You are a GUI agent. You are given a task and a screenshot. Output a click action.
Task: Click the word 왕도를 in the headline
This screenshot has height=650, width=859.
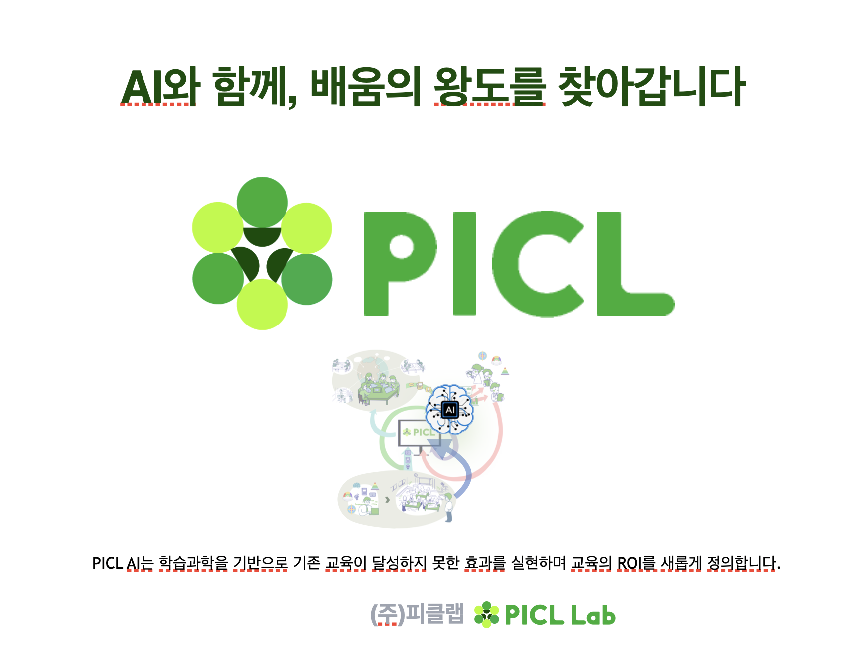coord(490,87)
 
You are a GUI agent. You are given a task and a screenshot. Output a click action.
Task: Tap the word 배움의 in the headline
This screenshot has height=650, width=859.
coord(366,87)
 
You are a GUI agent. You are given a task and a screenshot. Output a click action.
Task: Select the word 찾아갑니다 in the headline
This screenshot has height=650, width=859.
coord(651,87)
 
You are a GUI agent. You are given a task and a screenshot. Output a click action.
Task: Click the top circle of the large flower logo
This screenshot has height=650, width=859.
coord(262,202)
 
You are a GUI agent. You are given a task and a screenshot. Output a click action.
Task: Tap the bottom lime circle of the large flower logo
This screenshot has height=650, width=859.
coord(262,304)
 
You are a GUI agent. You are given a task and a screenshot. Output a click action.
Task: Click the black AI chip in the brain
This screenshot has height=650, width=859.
coord(450,410)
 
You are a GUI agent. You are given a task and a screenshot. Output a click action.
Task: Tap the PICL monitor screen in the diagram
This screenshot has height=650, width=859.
coord(419,433)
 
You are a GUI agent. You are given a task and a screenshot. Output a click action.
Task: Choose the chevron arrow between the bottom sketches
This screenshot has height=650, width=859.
coord(387,499)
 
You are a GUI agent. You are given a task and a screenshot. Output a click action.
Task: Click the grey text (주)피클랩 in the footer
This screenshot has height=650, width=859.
coord(417,614)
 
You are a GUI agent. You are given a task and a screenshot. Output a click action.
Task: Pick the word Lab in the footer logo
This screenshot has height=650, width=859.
coord(593,615)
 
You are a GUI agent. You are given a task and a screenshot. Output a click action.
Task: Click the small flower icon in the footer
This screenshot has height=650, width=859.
coord(486,615)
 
